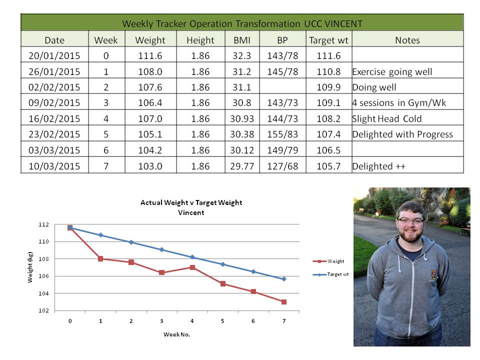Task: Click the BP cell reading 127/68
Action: [x=282, y=166]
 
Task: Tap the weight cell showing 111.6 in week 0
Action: [x=150, y=55]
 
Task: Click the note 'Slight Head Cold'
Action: [x=387, y=119]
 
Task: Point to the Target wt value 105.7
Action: [x=328, y=166]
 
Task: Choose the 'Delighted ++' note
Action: [x=378, y=166]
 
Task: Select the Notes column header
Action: [x=407, y=40]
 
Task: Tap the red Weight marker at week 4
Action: [x=192, y=267]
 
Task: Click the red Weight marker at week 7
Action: [x=284, y=302]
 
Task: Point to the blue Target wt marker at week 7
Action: [x=284, y=279]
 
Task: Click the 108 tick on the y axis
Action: [x=58, y=259]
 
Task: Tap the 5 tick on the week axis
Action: [x=223, y=320]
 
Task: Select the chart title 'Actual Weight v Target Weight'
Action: [x=191, y=202]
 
